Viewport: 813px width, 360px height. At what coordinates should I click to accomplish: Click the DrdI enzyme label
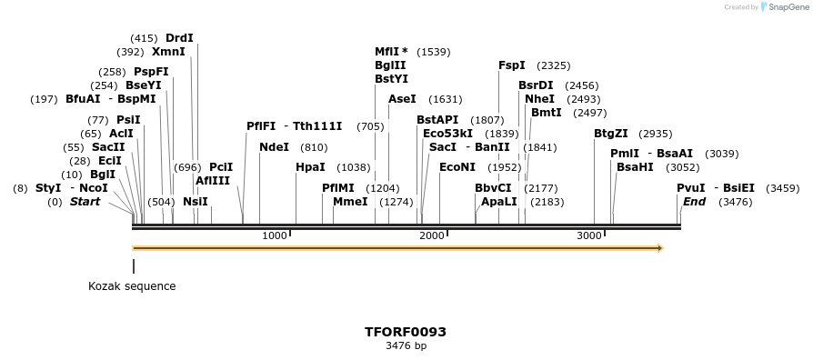[179, 38]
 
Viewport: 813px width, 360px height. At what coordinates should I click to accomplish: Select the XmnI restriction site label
[168, 52]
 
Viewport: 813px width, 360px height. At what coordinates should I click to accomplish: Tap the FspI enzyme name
[512, 65]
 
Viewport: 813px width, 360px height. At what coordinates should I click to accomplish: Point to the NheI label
[539, 99]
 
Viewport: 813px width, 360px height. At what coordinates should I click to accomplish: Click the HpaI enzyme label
[310, 167]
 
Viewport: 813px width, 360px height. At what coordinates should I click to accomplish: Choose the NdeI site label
[274, 147]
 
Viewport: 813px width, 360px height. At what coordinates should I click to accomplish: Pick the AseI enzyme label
[402, 99]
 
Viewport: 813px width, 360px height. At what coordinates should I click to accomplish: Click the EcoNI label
[457, 167]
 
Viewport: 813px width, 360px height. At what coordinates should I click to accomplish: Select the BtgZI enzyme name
[611, 134]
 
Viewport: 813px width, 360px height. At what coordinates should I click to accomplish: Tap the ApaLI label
[499, 202]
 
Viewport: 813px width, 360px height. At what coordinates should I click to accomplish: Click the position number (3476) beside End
[735, 202]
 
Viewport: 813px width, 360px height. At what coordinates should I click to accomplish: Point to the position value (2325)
[554, 65]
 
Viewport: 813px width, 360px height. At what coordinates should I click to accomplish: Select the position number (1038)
[354, 167]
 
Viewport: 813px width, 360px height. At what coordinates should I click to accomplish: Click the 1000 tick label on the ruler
[274, 236]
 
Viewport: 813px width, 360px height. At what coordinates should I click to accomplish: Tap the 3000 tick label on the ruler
[589, 236]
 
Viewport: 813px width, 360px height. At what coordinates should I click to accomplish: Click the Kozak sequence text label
[132, 286]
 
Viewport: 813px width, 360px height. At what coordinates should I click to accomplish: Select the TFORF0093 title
[406, 332]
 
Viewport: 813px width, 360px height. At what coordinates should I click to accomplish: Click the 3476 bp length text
[406, 346]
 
